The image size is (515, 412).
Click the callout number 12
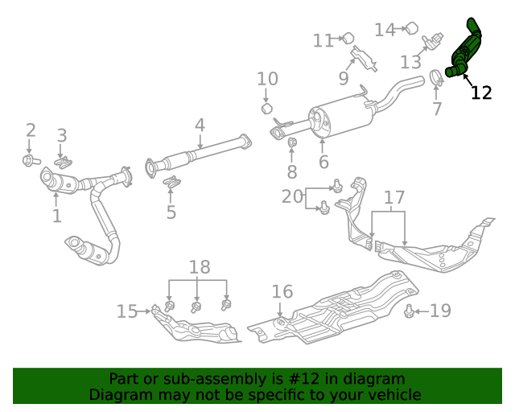480,93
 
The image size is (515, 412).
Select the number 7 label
437,109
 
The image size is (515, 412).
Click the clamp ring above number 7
436,78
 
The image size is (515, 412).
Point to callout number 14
385,30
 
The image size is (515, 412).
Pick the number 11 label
323,40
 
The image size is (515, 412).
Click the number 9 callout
343,79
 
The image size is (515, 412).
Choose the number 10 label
267,79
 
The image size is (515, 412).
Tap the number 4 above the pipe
199,126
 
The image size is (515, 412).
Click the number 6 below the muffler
323,162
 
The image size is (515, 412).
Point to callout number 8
292,171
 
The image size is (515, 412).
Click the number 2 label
31,130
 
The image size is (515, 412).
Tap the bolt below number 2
30,161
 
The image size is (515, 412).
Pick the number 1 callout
56,216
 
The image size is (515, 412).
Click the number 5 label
171,212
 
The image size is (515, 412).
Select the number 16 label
282,291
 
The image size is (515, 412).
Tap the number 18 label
199,267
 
